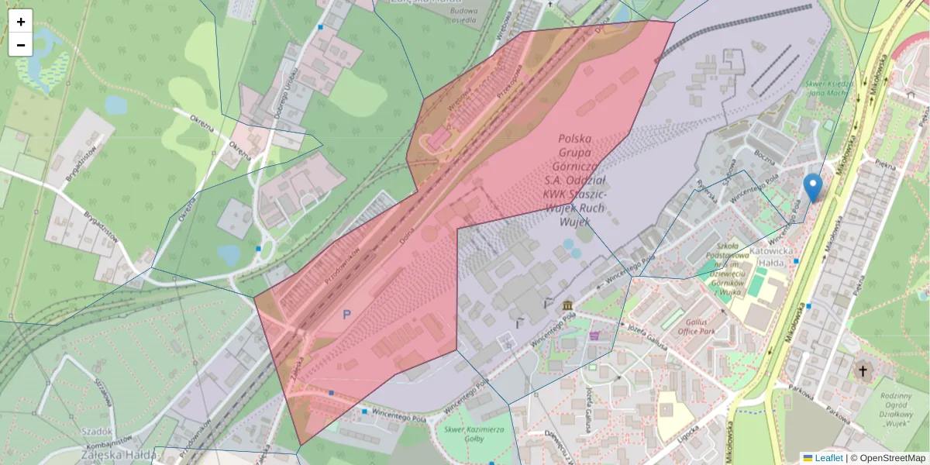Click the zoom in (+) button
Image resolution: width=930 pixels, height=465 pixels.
(x=21, y=22)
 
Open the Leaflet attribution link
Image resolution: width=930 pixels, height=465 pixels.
(x=828, y=458)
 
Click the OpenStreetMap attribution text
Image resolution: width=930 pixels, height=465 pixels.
(x=892, y=458)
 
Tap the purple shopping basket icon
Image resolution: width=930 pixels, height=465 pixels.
(x=594, y=336)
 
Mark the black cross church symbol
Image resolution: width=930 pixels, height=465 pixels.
(x=862, y=371)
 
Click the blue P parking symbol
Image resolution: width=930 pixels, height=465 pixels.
(x=346, y=315)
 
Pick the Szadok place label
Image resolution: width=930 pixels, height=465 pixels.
(x=97, y=432)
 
